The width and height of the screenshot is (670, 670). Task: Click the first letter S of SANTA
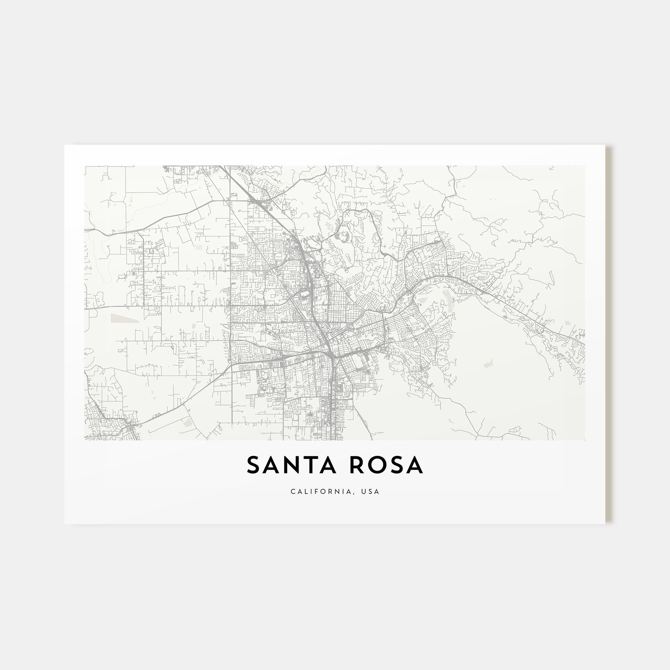click(x=254, y=465)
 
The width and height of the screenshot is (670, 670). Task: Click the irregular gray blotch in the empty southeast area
click(x=488, y=363)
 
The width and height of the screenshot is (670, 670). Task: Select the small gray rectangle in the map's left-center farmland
click(x=199, y=247)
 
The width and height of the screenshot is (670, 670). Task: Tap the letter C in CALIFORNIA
click(x=293, y=491)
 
